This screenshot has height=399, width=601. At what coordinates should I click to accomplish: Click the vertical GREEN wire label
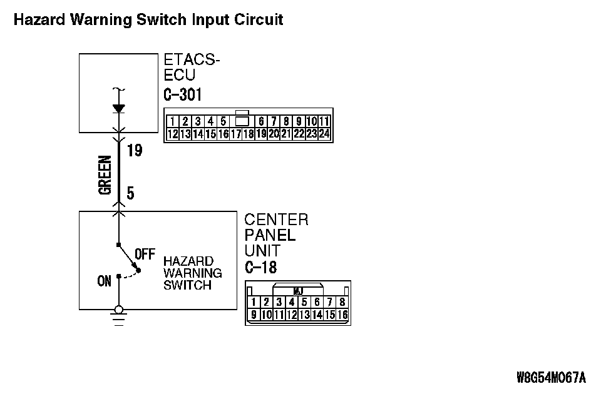point(105,175)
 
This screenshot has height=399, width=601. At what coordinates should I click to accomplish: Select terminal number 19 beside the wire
point(134,151)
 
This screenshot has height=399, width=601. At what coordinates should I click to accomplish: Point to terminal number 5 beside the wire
point(130,193)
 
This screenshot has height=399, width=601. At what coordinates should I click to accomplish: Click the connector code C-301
point(183,94)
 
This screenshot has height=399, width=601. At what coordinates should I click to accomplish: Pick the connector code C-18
point(261,268)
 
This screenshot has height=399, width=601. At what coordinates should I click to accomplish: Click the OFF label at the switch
point(145,255)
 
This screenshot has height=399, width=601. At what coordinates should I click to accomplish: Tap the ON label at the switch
point(104,281)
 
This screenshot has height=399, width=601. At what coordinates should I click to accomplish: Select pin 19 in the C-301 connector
point(261,133)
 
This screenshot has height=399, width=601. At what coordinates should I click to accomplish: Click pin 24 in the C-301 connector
point(324,133)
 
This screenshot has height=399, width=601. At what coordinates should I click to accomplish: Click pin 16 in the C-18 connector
point(342,315)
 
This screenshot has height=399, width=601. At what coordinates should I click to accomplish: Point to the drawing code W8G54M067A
point(551,377)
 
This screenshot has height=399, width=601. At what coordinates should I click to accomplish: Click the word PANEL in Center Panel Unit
point(270,236)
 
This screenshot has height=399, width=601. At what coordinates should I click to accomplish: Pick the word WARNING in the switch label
point(193,273)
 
